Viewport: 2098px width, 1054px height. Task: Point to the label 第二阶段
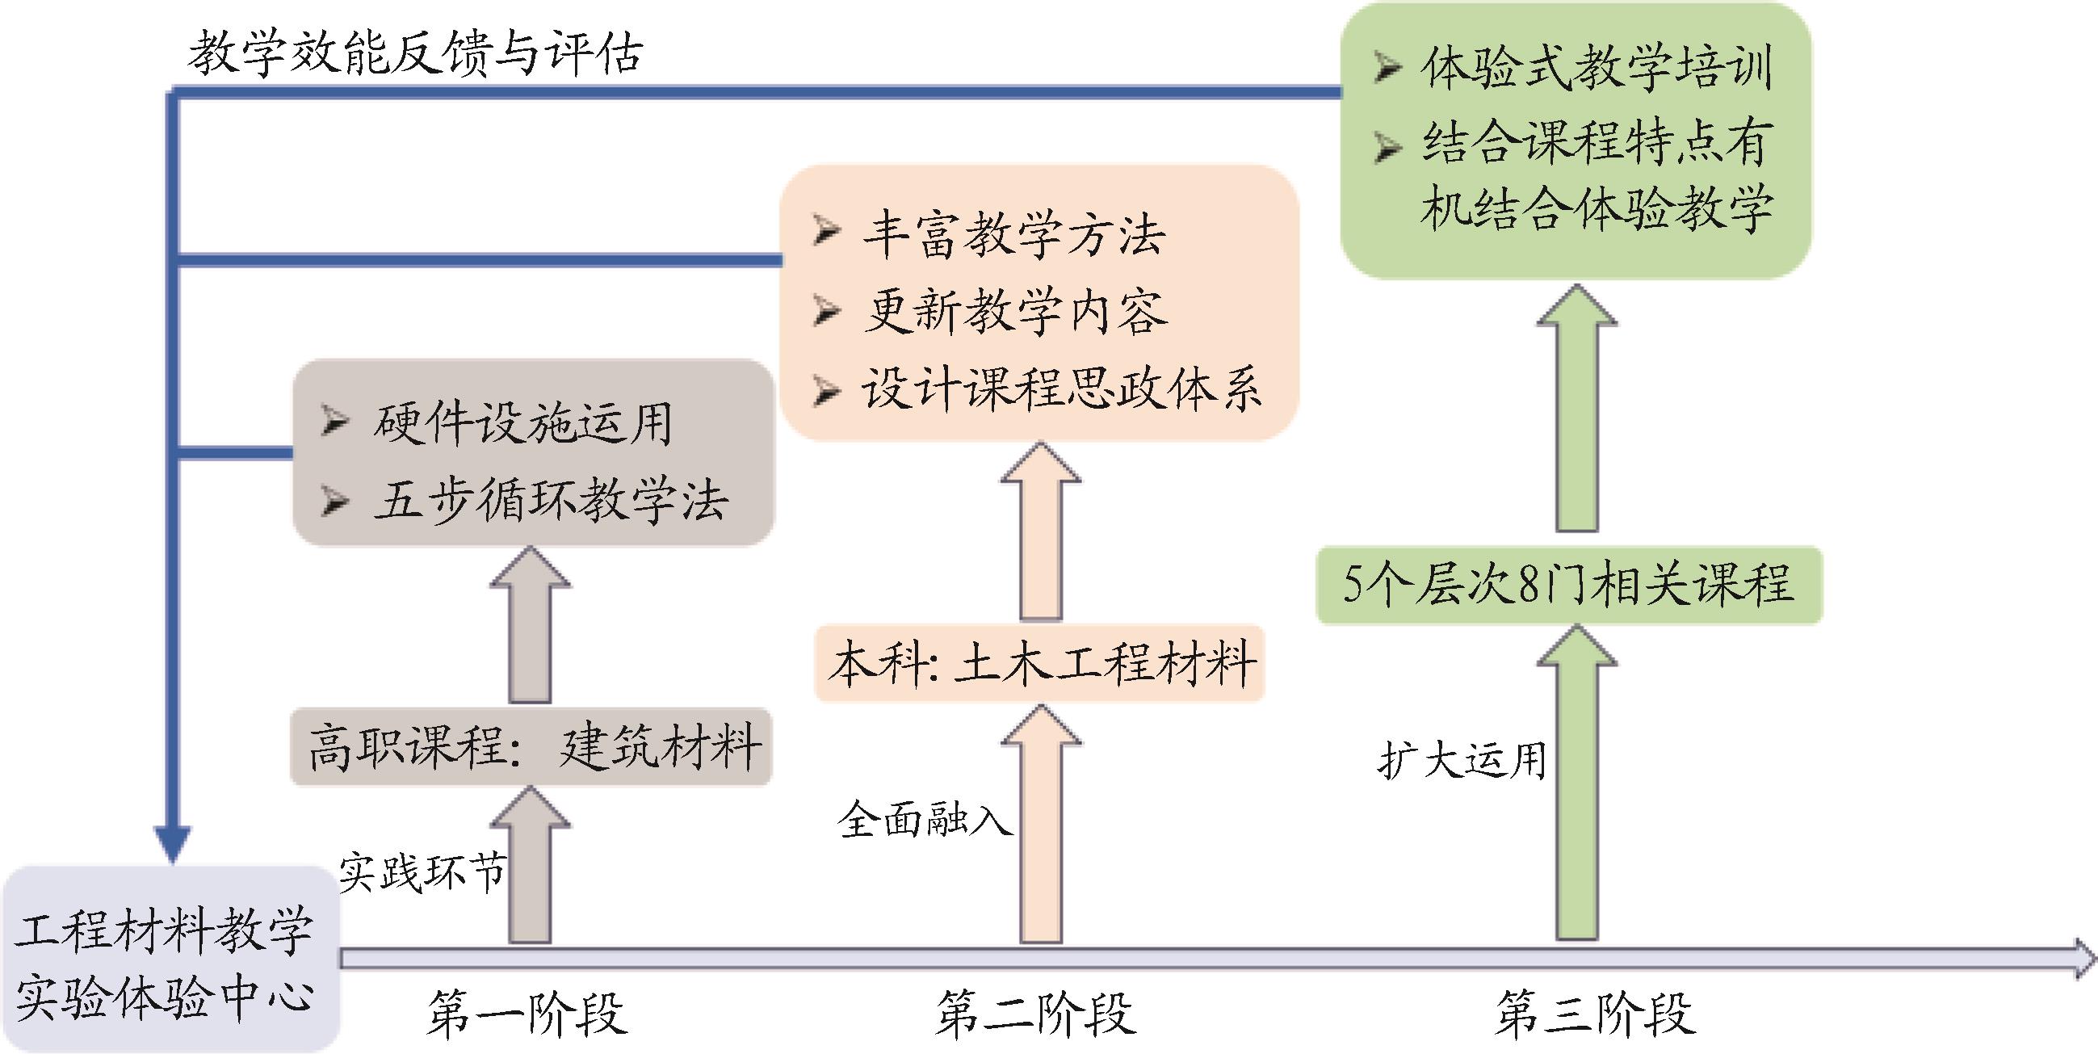pos(1035,1014)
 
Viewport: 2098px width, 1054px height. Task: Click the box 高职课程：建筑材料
pos(531,747)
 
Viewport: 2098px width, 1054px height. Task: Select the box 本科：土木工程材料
pos(1040,663)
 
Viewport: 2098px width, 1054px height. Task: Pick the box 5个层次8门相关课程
pos(1568,585)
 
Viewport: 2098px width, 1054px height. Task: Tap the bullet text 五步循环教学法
pos(551,499)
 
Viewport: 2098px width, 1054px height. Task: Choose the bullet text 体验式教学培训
pos(1597,67)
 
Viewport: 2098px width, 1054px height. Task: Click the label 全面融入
pos(925,819)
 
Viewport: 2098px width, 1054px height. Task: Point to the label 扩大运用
pos(1462,761)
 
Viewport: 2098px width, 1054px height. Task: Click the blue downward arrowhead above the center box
pos(173,843)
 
